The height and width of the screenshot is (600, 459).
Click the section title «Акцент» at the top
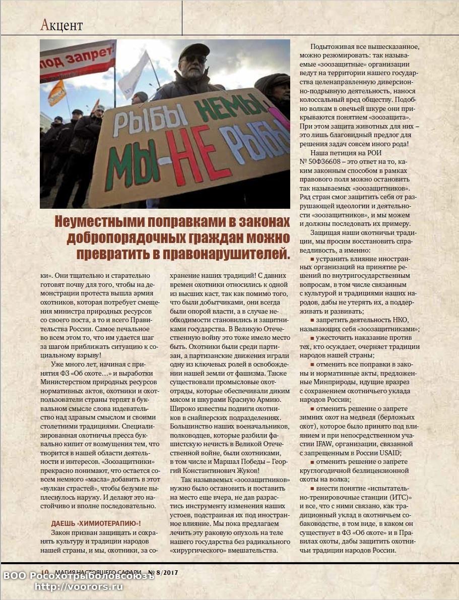pyautogui.click(x=61, y=24)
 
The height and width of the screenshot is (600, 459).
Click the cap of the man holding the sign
pyautogui.click(x=194, y=50)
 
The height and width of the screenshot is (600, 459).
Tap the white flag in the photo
pyautogui.click(x=134, y=70)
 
